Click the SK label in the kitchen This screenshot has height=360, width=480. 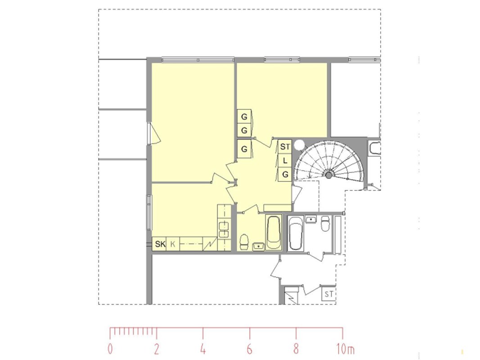point(160,244)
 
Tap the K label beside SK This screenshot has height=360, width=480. point(173,244)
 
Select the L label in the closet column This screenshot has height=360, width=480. point(285,160)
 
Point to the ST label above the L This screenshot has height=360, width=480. point(285,147)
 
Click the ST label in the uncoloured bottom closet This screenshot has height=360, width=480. point(328,294)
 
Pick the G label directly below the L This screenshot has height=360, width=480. point(285,175)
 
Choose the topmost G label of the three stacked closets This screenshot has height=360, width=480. point(244,117)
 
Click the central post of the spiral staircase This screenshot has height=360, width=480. point(328,175)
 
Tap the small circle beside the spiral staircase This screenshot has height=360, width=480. point(299,145)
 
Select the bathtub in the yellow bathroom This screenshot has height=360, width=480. point(274,232)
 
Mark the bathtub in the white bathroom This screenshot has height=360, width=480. point(296,233)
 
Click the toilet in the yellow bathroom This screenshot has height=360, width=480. point(244,242)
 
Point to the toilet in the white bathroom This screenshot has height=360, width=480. point(325,223)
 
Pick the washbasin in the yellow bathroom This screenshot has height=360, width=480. point(259,246)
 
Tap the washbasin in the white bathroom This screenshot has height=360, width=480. point(311,220)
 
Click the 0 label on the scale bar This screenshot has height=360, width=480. point(110,349)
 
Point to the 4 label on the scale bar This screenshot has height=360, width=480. point(203,349)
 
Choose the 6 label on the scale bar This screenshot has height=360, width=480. point(250,349)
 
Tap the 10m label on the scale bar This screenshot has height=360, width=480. point(345,349)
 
